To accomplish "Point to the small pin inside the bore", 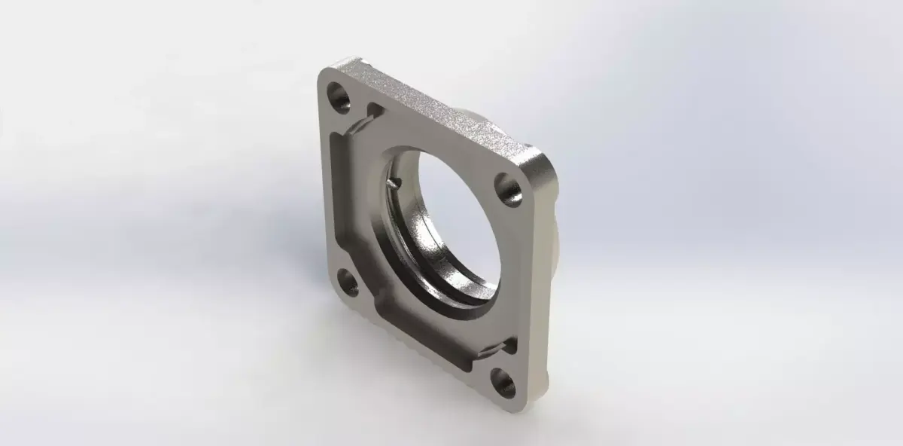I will point(396,182).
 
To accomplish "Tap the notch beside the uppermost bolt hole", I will point(370,113).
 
